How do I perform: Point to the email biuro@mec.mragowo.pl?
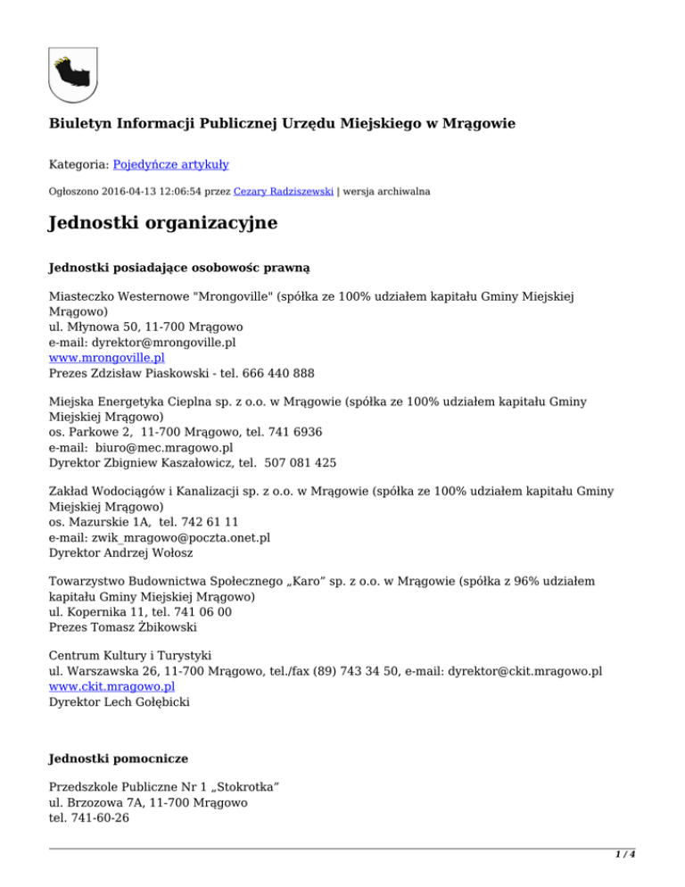pyautogui.click(x=168, y=448)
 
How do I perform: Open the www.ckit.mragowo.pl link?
pyautogui.click(x=111, y=687)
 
